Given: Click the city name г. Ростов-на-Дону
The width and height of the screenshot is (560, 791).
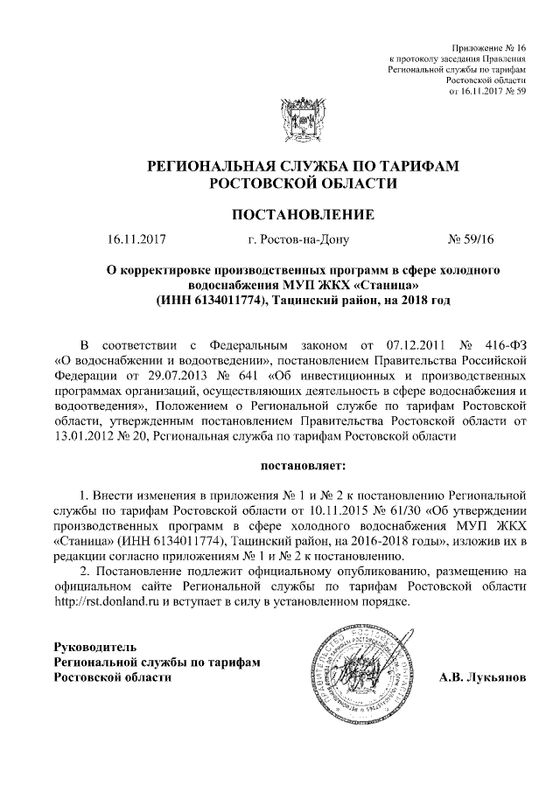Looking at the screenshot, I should pos(298,238).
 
